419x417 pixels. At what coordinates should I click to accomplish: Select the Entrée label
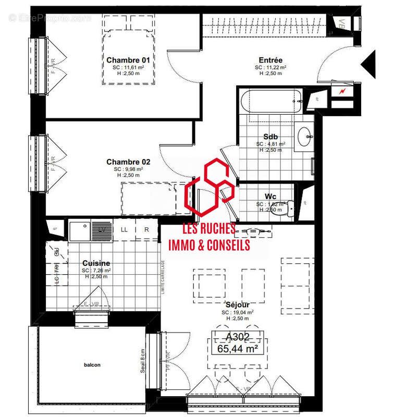tap(270, 60)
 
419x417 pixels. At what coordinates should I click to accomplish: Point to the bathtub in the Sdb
tap(270, 102)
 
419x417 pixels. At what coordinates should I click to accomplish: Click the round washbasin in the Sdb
tap(304, 137)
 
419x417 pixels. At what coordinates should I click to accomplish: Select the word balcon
tap(92, 365)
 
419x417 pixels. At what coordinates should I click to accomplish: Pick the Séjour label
tap(237, 304)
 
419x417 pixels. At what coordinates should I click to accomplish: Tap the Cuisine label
tap(96, 263)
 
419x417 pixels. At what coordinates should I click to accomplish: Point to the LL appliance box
tap(124, 229)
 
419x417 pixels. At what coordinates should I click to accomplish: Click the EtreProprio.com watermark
tap(50, 18)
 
